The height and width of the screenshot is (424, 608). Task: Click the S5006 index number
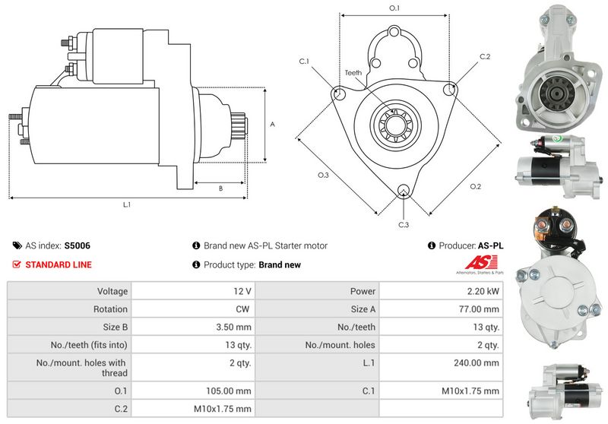click(78, 245)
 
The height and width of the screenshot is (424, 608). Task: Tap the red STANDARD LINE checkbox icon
click(17, 265)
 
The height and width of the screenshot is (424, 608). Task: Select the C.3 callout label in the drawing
click(404, 225)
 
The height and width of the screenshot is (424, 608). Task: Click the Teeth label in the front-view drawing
click(353, 72)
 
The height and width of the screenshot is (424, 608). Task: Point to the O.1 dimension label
click(394, 8)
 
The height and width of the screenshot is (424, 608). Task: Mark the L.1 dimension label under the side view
click(127, 204)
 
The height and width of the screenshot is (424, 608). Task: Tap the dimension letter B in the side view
click(220, 188)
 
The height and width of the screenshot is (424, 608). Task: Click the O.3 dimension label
click(322, 176)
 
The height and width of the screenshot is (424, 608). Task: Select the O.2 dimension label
click(475, 187)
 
